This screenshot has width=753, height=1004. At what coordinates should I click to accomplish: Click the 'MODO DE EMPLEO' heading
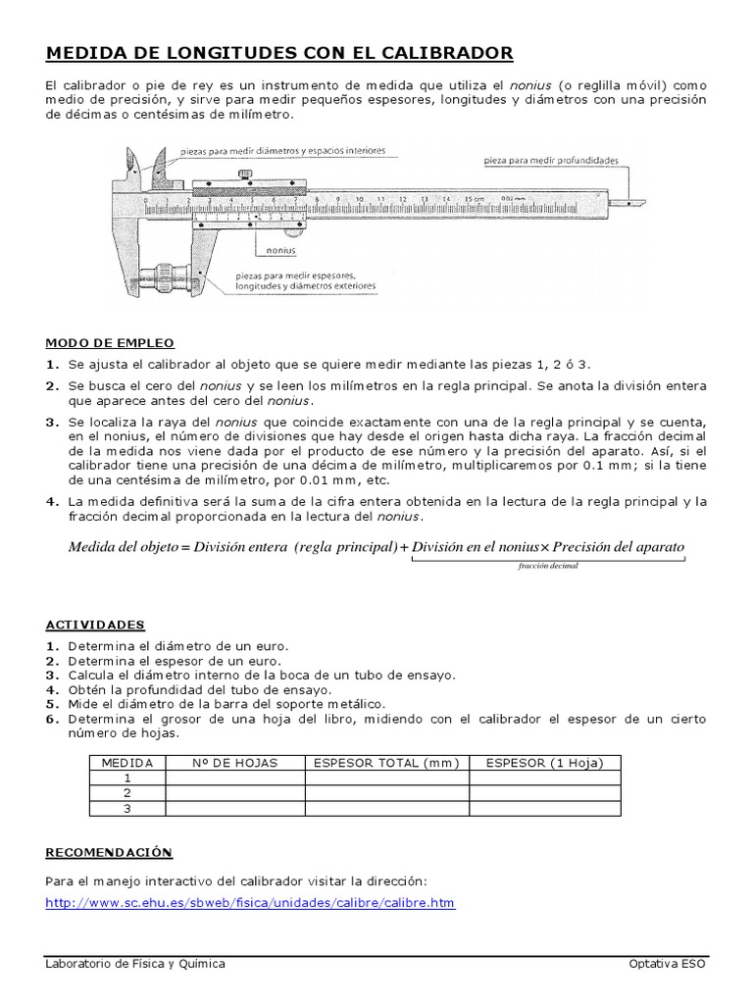[x=110, y=343]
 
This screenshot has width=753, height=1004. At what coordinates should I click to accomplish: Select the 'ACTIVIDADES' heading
[x=95, y=625]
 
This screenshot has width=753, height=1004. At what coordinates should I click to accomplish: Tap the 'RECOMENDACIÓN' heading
[x=109, y=853]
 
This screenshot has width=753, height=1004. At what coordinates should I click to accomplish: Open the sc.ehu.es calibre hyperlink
[x=250, y=903]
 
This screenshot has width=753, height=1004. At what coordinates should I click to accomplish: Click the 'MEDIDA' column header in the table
[x=126, y=763]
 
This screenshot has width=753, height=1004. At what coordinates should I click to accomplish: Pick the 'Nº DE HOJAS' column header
[x=234, y=763]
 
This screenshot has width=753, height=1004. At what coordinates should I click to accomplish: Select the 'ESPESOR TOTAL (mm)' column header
[x=385, y=763]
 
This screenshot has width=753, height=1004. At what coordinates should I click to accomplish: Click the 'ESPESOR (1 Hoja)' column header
[x=544, y=763]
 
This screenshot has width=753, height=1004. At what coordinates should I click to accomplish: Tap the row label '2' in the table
[x=126, y=792]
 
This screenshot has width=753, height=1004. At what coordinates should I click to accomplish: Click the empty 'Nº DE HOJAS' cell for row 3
[x=234, y=808]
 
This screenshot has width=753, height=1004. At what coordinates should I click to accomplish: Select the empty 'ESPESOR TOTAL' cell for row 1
[x=385, y=778]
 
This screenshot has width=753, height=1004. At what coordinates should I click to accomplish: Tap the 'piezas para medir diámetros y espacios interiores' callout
[x=282, y=152]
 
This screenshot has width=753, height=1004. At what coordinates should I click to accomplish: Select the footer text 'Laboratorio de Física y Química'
[x=135, y=964]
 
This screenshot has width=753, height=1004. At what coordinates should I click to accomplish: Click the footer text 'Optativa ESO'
[x=667, y=964]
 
